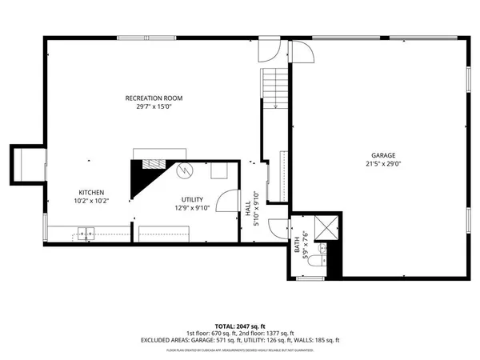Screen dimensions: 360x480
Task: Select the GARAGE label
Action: click(x=382, y=155)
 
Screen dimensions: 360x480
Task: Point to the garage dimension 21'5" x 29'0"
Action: click(x=382, y=164)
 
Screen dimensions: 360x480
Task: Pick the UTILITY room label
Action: click(x=192, y=199)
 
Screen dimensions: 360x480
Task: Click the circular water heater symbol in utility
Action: click(x=184, y=170)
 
